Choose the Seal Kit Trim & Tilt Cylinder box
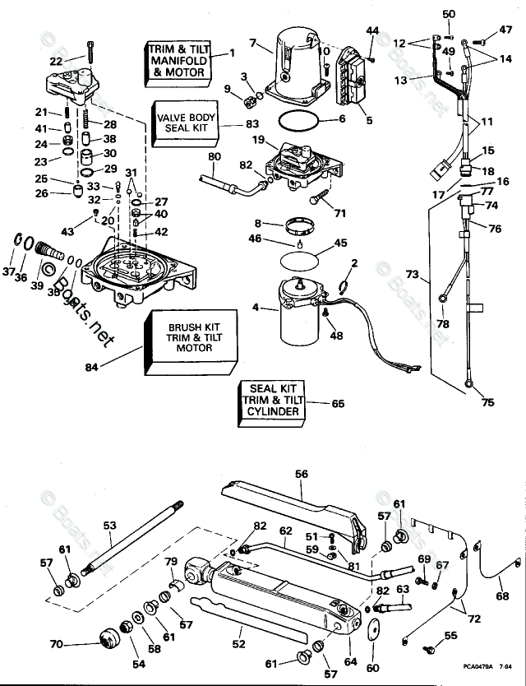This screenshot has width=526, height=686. tap(270, 400)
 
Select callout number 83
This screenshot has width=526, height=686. tap(252, 123)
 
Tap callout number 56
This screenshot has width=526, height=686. tap(301, 474)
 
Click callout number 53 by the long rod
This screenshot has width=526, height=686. tap(109, 524)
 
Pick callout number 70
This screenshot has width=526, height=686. tap(57, 644)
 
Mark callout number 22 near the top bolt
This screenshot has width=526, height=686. tap(55, 61)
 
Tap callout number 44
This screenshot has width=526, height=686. tap(372, 30)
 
